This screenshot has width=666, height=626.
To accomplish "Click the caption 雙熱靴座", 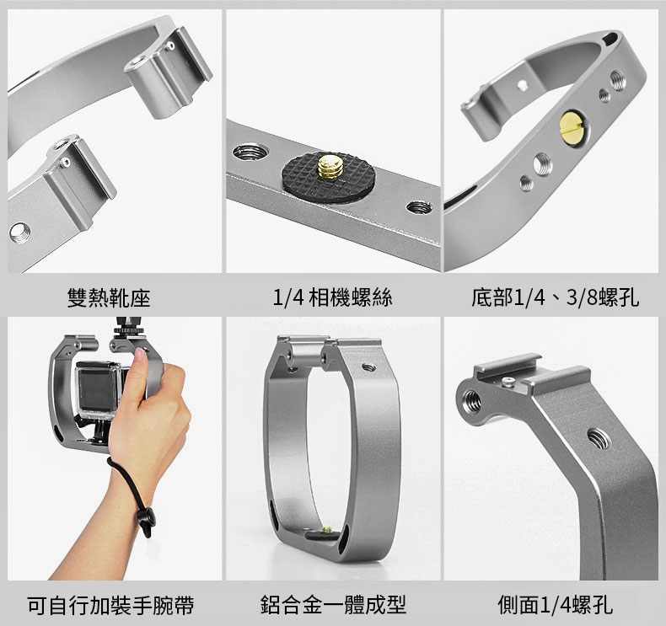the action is tap(109, 297).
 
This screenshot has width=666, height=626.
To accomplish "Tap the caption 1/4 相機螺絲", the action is tap(332, 297).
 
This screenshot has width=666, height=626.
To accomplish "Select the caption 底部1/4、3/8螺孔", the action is tap(556, 297).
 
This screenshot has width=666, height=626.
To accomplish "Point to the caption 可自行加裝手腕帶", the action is tap(110, 605).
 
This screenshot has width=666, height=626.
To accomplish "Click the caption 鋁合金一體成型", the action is tap(334, 605).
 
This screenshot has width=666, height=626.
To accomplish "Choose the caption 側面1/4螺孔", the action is tap(556, 605).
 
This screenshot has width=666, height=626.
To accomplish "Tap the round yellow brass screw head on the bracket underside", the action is tap(572, 126).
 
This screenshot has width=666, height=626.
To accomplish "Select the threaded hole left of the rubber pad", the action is tap(250, 152).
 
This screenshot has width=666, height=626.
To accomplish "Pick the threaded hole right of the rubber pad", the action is tap(420, 207).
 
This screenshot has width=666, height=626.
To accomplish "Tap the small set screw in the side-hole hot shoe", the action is tap(508, 383).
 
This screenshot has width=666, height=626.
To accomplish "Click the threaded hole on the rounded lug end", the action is tap(471, 401).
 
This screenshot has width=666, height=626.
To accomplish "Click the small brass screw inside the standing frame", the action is tap(327, 530).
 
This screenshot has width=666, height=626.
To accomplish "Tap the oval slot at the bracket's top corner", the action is tap(610, 38).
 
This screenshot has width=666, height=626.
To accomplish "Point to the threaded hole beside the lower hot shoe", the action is tap(19, 233).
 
